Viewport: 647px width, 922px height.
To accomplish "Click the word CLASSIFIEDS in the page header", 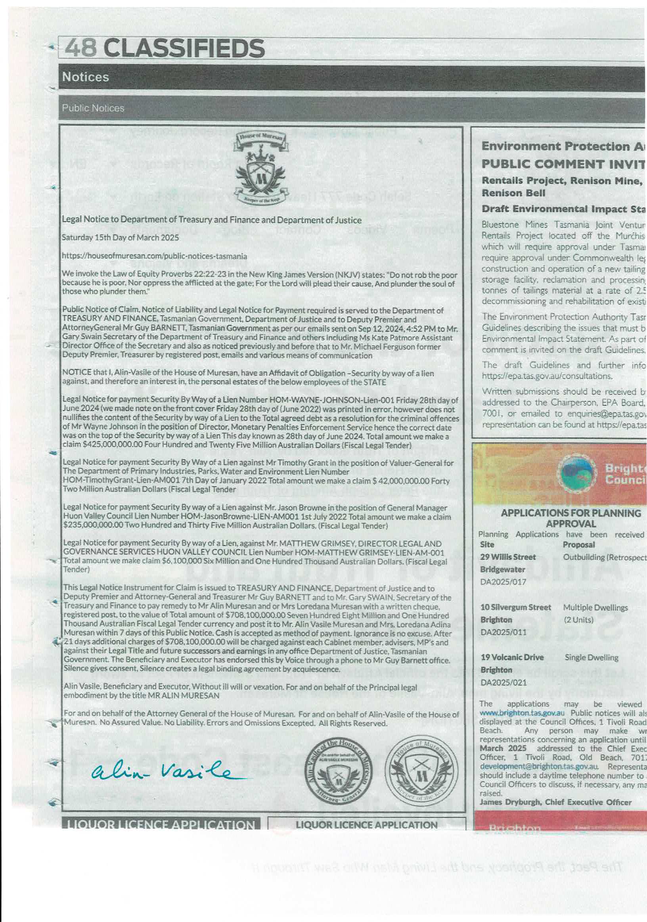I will [x=184, y=49].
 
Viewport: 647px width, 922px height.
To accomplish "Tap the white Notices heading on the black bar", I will [x=86, y=77].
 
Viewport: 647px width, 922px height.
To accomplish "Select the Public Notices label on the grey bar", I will [x=93, y=108].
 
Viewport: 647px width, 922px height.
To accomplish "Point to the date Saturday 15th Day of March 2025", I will [x=120, y=237].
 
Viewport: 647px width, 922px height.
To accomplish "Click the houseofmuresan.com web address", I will [x=154, y=256].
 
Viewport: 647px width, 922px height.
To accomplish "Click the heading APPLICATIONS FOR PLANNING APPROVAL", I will [x=571, y=518].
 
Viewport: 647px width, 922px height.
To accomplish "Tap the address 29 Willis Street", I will [x=508, y=557].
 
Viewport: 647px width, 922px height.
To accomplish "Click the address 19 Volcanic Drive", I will [x=512, y=657].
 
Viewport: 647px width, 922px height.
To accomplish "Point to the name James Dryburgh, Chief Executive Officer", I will [x=555, y=802].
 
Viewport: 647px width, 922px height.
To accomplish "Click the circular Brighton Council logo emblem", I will [x=578, y=474].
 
